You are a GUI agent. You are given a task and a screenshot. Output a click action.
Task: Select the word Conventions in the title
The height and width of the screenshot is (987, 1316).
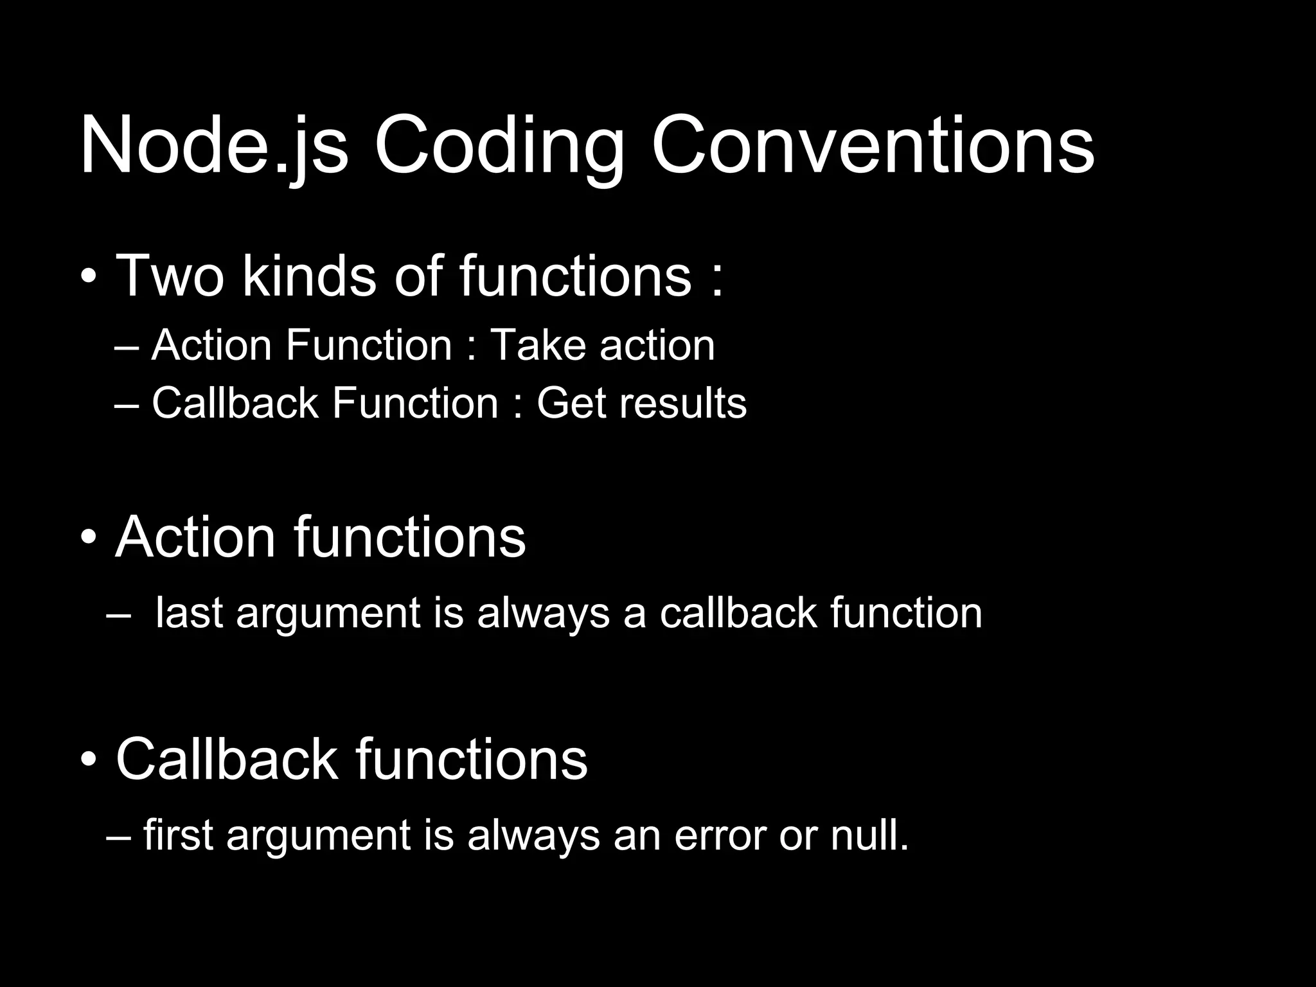(872, 147)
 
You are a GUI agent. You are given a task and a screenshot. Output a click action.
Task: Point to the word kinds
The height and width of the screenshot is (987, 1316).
(309, 276)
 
